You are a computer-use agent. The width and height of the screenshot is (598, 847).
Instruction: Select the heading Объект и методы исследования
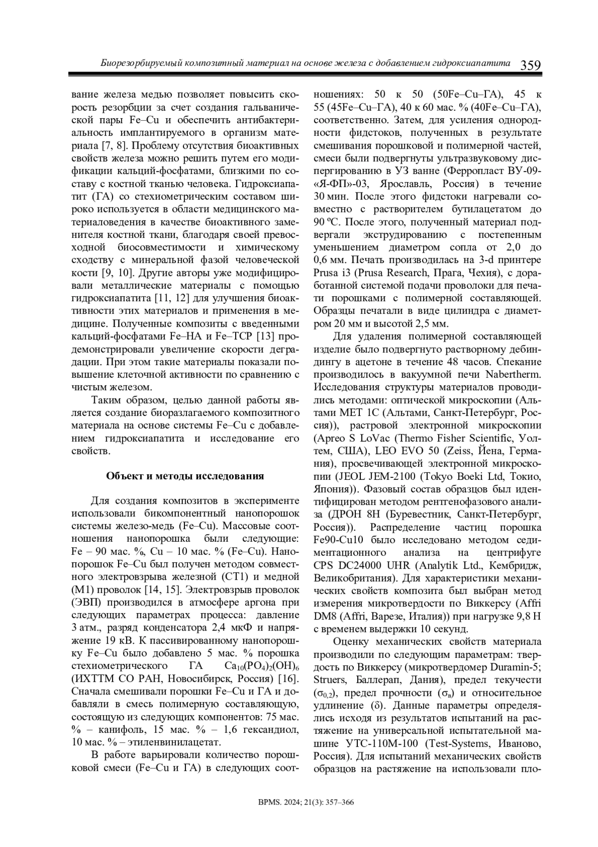coord(185,475)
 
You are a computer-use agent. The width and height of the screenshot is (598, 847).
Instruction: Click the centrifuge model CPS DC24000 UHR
coord(356,566)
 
